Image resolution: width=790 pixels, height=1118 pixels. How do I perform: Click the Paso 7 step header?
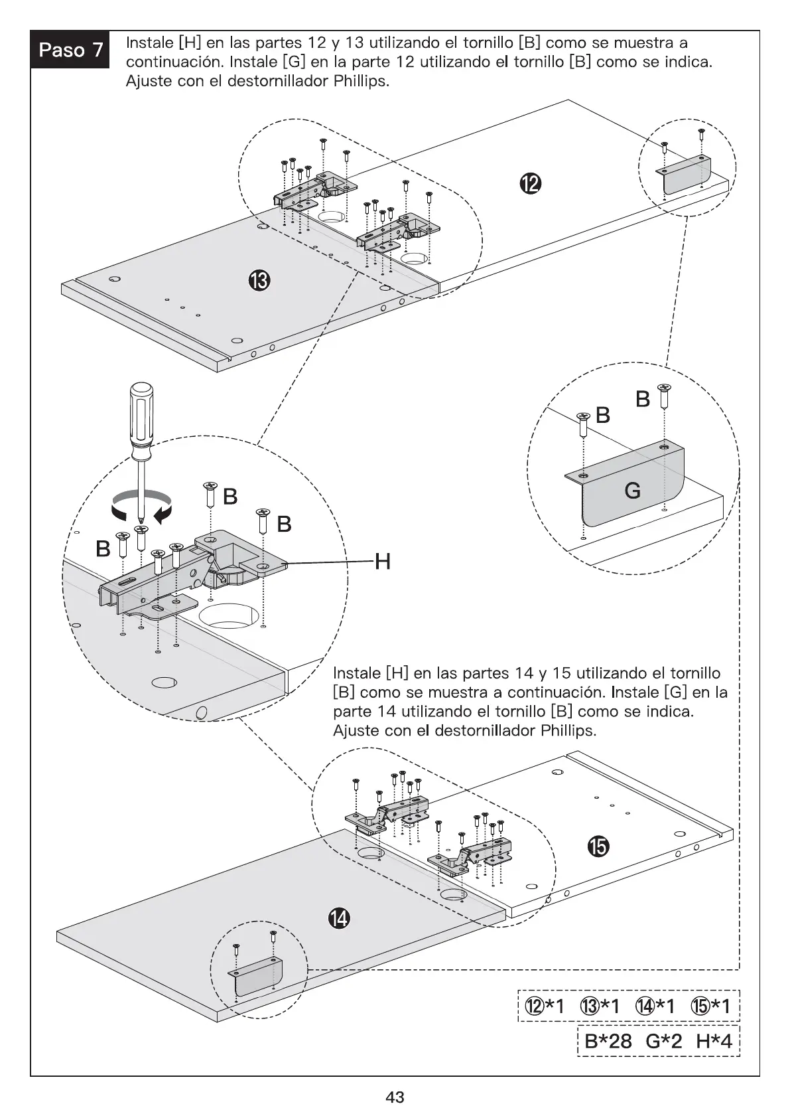coord(70,49)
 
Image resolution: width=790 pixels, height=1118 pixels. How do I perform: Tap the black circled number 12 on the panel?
coord(531,184)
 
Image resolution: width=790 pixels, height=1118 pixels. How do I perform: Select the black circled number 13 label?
coord(259,281)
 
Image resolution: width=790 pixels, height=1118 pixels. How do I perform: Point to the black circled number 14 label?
coord(339,918)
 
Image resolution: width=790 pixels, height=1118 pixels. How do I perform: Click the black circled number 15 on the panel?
coord(598,846)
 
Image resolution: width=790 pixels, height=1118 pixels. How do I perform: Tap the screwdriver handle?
coord(141,420)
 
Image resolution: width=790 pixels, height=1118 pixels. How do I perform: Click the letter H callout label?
coord(383,562)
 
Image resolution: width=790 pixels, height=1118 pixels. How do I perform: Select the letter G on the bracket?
coord(632,491)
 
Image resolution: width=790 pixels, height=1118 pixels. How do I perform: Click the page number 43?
coord(395,1097)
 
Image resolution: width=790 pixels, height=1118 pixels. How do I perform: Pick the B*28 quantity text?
coord(608,1042)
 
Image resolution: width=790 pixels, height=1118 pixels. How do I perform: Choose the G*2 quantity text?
coord(664,1042)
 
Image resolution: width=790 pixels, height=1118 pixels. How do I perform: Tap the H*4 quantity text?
coord(714,1042)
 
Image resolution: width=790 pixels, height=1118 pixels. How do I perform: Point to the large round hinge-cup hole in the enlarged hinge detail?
coord(229,616)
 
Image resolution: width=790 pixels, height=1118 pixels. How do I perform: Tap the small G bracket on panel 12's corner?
coord(685,175)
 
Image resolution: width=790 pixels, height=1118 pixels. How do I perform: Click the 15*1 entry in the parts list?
coord(710,1006)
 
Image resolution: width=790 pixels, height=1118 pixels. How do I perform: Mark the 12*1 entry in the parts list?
coord(544,1006)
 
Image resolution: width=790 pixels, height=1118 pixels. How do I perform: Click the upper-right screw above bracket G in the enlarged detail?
coord(664,396)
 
